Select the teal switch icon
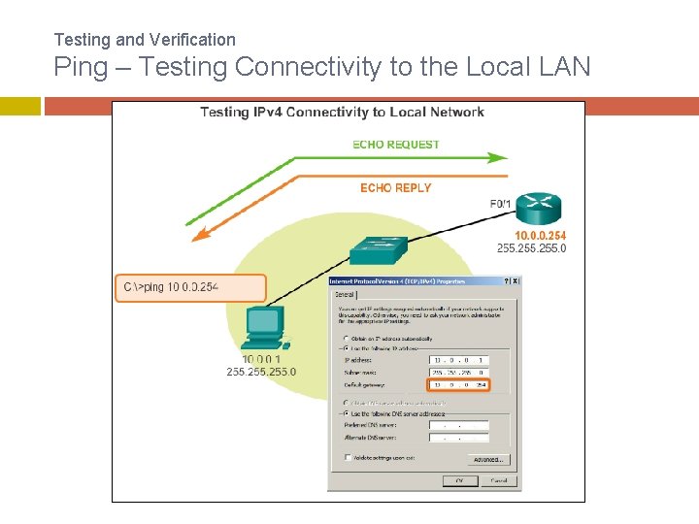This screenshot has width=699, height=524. coord(378,248)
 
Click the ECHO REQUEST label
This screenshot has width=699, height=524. coord(396,145)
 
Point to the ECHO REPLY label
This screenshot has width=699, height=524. coord(395,187)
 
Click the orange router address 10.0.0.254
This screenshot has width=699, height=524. coord(540,236)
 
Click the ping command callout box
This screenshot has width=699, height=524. coord(189,287)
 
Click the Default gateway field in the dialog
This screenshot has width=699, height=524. coord(459,384)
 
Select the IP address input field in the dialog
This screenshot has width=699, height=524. coord(459,358)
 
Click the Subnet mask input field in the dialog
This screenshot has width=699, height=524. coord(459,372)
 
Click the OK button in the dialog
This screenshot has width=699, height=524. coord(456,480)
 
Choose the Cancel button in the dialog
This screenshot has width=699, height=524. coord(498,480)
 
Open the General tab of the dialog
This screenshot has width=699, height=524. coord(344,294)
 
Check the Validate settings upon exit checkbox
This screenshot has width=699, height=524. coord(348,457)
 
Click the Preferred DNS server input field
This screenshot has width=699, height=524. coord(459,424)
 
